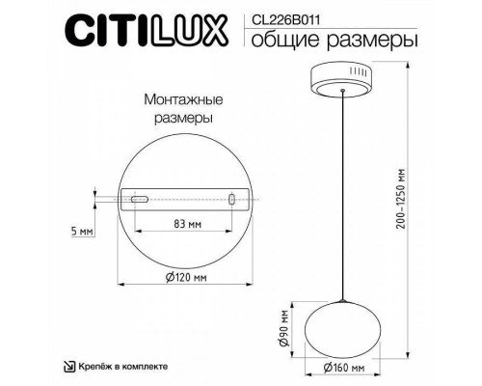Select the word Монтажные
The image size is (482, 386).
pyautogui.click(x=178, y=98)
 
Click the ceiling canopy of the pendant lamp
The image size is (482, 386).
pyautogui.click(x=343, y=79)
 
